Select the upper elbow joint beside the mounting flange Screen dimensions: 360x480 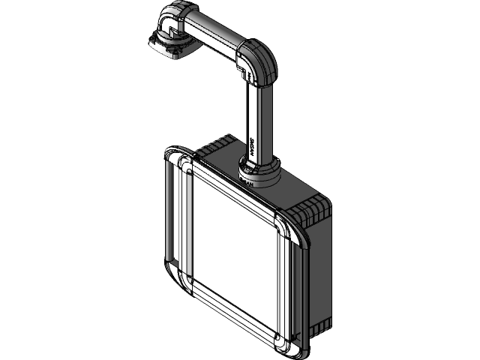pos(173,22)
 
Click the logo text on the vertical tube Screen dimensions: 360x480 pos(250,147)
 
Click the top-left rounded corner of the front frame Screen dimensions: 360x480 pos(184,165)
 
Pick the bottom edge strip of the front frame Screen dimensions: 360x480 pos(232,314)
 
